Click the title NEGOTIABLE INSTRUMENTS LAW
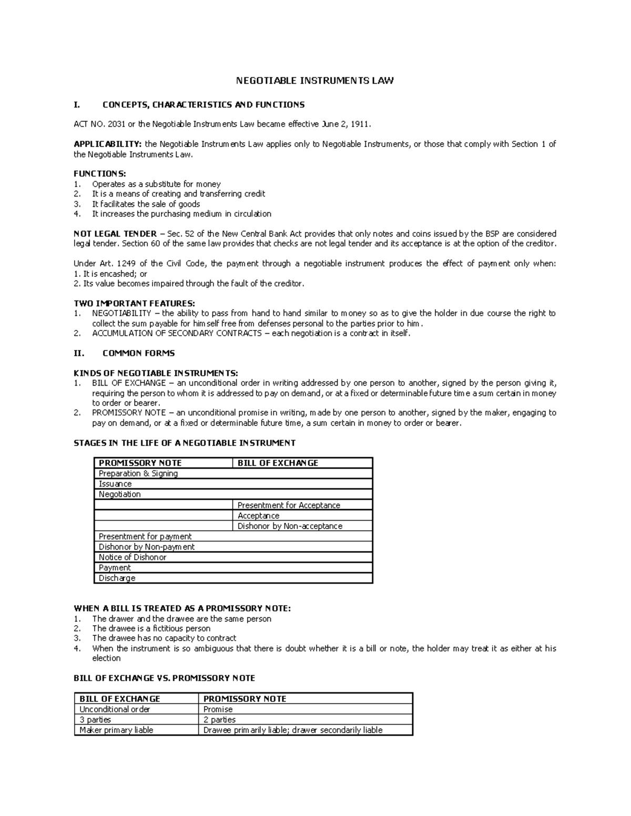tap(314, 80)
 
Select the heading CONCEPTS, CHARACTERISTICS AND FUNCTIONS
tap(203, 105)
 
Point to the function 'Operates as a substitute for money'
tap(156, 184)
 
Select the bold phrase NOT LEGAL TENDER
tap(115, 233)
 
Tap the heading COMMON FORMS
tap(138, 353)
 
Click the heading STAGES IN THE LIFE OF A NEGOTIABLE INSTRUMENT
tap(185, 443)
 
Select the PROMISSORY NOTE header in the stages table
tap(140, 463)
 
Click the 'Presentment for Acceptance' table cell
tap(289, 505)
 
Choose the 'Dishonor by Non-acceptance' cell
tap(290, 526)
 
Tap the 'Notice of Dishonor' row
tap(133, 557)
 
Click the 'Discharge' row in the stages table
tap(117, 578)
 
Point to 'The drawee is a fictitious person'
tap(151, 628)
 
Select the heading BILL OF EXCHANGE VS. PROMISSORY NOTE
tap(164, 678)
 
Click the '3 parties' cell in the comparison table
tap(95, 719)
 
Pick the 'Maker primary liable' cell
tap(116, 730)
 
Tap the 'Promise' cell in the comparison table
tap(218, 709)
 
